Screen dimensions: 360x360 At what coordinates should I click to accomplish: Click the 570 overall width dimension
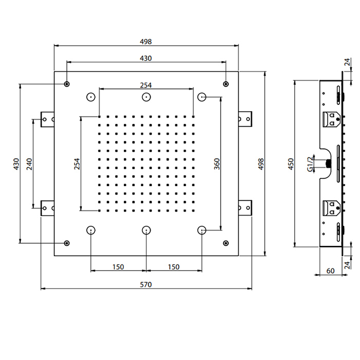[146, 285]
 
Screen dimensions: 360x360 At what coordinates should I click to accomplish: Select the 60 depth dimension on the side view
[330, 271]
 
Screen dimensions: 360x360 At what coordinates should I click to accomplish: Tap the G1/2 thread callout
[310, 164]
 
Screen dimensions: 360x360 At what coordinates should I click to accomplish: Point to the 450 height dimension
[291, 164]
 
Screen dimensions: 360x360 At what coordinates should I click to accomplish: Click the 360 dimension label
[217, 164]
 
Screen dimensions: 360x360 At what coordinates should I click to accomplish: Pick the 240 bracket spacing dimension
[29, 164]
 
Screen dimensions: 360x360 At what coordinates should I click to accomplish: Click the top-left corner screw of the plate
[67, 84]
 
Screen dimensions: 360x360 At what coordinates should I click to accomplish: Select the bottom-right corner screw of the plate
[226, 243]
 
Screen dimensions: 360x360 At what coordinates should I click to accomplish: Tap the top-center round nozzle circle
[146, 97]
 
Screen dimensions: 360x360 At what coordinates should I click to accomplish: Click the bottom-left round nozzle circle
[91, 230]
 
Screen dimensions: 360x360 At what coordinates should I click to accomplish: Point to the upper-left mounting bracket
[47, 119]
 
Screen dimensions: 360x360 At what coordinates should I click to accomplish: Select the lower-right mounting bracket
[245, 208]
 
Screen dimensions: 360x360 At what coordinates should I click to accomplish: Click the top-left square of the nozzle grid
[99, 117]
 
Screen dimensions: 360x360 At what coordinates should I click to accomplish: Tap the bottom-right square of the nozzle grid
[193, 210]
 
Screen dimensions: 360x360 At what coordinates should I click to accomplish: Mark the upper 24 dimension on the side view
[347, 62]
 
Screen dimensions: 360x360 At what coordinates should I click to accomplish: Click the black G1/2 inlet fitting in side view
[329, 164]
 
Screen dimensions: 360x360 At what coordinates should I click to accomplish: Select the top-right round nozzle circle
[202, 97]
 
